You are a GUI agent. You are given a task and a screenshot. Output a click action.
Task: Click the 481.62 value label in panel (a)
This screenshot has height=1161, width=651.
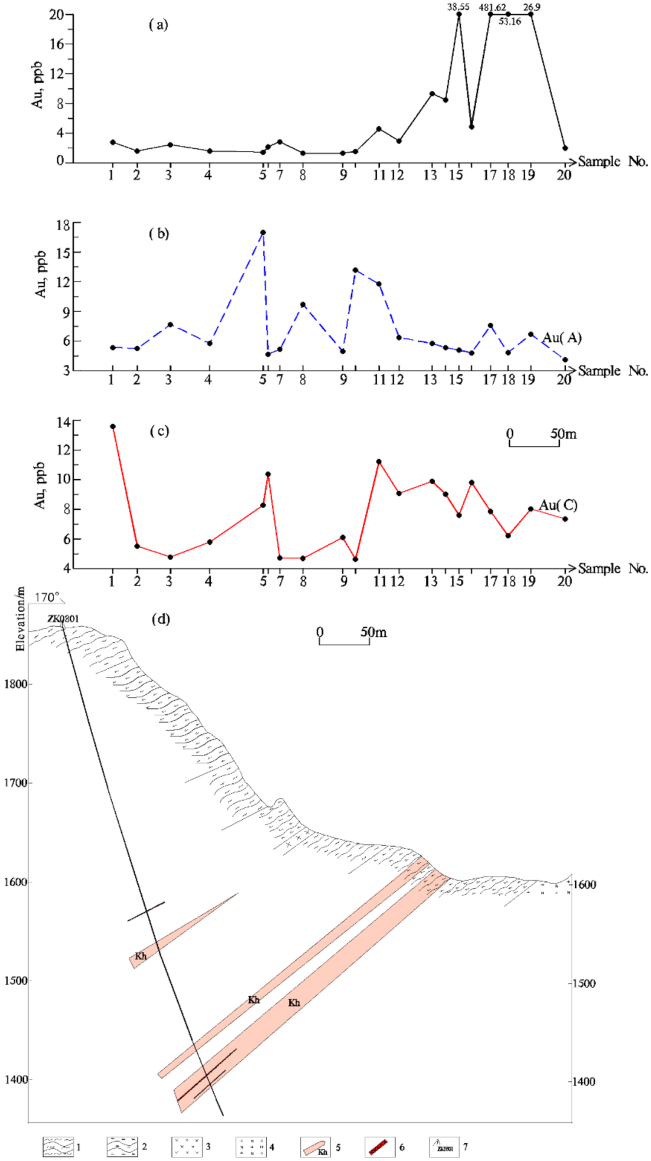point(492,8)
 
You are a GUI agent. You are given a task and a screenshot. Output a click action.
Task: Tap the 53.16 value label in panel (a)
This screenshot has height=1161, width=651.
point(510,22)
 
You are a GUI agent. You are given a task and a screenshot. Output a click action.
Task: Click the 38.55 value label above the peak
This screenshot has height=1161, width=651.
point(458,7)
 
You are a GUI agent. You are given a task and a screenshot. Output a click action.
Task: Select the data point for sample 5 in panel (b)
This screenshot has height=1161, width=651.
point(263,232)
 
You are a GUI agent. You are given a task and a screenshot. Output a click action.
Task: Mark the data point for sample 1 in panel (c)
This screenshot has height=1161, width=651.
point(113,427)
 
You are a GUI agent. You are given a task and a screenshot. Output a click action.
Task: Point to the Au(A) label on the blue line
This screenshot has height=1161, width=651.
point(561,338)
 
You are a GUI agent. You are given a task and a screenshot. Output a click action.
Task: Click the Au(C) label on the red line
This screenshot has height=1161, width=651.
point(558,505)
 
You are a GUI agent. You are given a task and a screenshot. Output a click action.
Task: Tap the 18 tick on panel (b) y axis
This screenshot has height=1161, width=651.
point(63,225)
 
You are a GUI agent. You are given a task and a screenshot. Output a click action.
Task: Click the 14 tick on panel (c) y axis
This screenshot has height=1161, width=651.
point(63,423)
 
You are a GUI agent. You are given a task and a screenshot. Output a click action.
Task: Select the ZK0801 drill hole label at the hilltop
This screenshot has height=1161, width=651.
point(63,619)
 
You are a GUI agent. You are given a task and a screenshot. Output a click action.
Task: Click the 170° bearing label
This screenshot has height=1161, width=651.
point(47,598)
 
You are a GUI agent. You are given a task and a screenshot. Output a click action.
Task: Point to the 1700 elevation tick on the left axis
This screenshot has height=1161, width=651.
point(16,783)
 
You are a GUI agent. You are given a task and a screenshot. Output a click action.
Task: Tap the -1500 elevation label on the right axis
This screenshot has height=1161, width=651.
point(583,984)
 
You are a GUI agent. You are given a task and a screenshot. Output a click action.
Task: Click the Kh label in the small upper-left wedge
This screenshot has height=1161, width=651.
point(140,956)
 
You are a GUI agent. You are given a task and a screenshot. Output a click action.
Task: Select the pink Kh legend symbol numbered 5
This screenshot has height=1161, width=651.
point(316,1146)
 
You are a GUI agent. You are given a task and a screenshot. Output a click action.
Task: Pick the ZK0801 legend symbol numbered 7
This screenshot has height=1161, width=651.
point(443,1146)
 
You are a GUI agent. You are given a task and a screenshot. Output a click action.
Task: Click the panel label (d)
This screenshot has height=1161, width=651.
point(160,619)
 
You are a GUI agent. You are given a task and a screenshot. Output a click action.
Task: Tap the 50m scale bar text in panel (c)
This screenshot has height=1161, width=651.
point(563,434)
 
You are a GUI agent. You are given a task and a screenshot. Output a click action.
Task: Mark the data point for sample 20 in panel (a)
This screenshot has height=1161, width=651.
point(564,148)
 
